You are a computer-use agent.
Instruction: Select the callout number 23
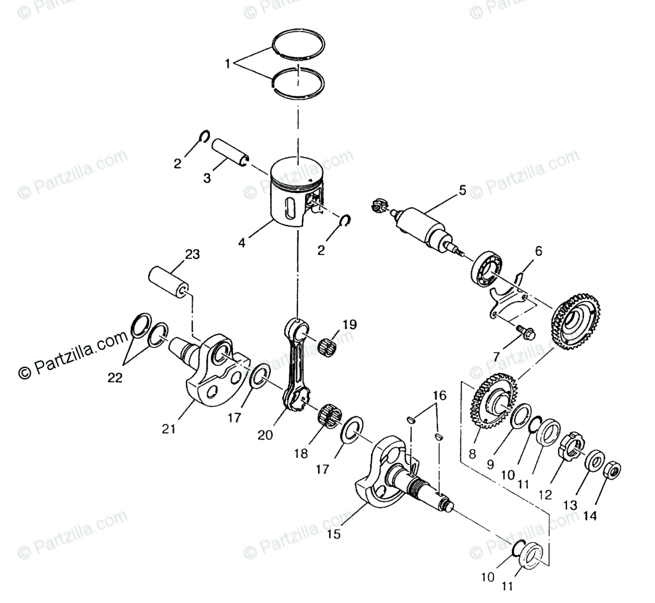coord(192,254)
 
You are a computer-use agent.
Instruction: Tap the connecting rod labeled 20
coord(297,364)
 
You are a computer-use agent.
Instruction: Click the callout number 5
coord(462,190)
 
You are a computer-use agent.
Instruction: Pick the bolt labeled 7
coord(538,251)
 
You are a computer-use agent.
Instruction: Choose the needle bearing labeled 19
coord(525,333)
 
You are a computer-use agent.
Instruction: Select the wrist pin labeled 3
coord(230,153)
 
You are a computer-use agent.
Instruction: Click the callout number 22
coord(115,378)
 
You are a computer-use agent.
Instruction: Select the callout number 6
coord(538,251)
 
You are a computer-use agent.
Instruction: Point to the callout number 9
coord(490,465)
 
